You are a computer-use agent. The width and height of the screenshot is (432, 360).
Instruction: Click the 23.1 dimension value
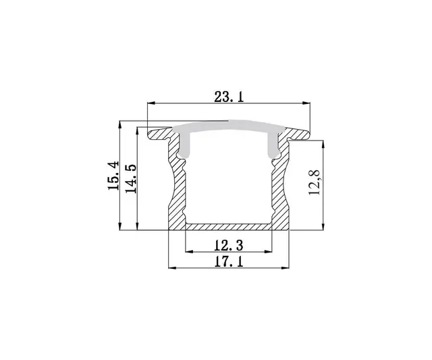[x=229, y=97]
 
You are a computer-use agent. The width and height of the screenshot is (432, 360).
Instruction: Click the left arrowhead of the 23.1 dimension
[x=151, y=103]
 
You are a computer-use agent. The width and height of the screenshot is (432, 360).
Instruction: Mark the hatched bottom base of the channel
[x=229, y=226]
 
